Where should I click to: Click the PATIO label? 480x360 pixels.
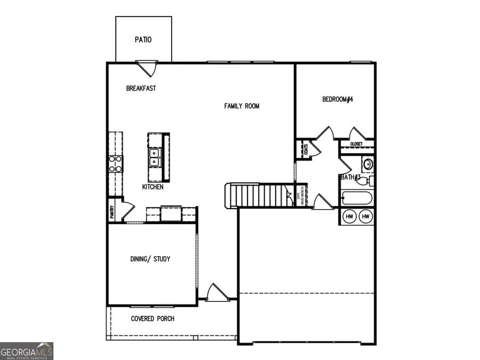[x=143, y=39]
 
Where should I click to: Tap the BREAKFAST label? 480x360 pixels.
[x=141, y=89]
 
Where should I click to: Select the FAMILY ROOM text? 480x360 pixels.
[x=242, y=106]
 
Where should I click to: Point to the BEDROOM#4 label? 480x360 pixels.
[x=338, y=99]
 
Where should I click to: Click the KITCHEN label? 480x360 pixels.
[x=153, y=187]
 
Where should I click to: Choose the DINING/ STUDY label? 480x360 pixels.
[x=150, y=259]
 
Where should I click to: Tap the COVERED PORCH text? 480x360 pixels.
[x=153, y=319]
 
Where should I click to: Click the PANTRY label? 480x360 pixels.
[x=112, y=212]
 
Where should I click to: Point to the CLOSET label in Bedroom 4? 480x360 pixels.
[x=356, y=144]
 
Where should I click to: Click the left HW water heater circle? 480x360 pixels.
[x=350, y=217]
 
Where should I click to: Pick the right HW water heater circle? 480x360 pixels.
[x=366, y=217]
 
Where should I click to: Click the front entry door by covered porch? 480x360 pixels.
[x=214, y=292]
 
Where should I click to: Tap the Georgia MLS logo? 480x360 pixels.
[x=27, y=351]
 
